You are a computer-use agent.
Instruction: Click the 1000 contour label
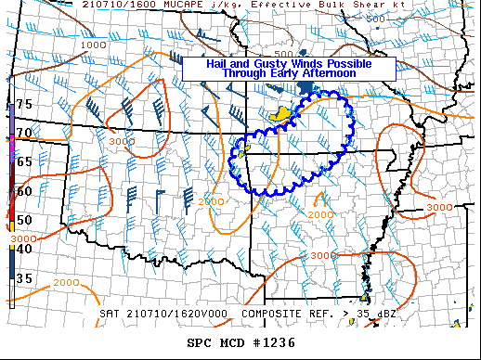(x=94, y=45)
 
